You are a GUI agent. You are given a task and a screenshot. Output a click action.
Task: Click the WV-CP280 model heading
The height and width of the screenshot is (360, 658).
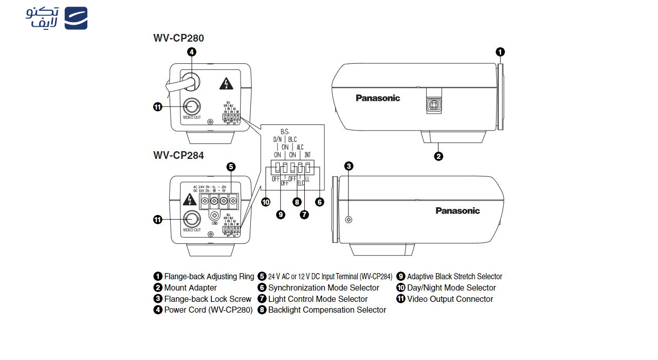point(178,38)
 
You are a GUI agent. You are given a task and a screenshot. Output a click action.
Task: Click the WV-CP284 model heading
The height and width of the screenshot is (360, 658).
point(178,155)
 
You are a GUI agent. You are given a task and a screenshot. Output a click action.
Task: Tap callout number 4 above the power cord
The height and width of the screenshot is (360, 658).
point(191,52)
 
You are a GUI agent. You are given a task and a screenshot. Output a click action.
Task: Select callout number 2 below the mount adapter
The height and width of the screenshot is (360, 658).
point(438,156)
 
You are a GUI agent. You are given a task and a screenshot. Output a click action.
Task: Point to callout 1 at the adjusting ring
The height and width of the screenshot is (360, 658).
point(500,52)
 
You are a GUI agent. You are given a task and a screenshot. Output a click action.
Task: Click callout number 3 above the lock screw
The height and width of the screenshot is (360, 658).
point(349,166)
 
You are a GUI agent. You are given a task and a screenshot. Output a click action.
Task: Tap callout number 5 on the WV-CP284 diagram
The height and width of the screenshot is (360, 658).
point(231,167)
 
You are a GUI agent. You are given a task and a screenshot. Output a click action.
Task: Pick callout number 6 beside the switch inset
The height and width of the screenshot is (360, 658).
point(320,202)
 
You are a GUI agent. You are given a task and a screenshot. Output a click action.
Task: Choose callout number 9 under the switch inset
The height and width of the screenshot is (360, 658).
point(281,215)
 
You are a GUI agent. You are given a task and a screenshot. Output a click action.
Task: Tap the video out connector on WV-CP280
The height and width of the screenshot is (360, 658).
point(192,106)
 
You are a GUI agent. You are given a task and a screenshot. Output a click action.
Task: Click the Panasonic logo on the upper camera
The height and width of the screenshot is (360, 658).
point(378,98)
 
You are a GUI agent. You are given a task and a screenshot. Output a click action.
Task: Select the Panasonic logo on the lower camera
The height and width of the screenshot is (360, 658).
point(458,211)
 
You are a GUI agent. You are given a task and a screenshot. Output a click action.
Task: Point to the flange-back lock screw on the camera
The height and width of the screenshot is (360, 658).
point(349,220)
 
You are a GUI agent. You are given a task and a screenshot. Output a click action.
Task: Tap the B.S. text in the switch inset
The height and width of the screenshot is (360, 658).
point(284,131)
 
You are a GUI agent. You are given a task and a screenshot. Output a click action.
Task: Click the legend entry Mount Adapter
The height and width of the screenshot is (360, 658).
point(190,288)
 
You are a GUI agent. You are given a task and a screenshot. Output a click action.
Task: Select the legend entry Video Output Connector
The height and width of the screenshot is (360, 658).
point(450,299)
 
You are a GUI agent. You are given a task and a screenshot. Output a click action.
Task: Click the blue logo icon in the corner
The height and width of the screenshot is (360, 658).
point(76,18)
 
